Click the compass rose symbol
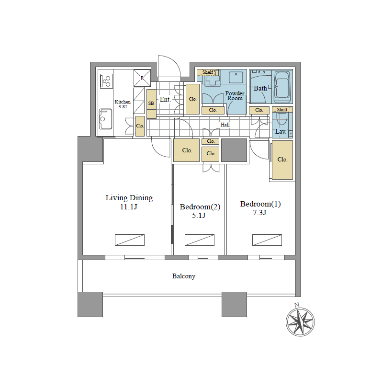[300, 321]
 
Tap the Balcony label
[184, 276]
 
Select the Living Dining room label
[129, 197]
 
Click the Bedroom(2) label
[200, 207]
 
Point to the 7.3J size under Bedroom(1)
[260, 213]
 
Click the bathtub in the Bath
[282, 87]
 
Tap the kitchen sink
[105, 119]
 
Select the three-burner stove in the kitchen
[106, 81]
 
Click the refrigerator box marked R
[142, 78]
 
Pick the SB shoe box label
[151, 103]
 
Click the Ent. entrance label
[165, 99]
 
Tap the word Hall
[225, 125]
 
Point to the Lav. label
[281, 131]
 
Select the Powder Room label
[235, 96]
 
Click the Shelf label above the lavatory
[282, 110]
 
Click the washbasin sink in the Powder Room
[236, 77]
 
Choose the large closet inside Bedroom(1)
[282, 160]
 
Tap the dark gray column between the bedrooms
[234, 150]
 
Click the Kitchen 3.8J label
[123, 104]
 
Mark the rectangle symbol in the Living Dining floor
[130, 240]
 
